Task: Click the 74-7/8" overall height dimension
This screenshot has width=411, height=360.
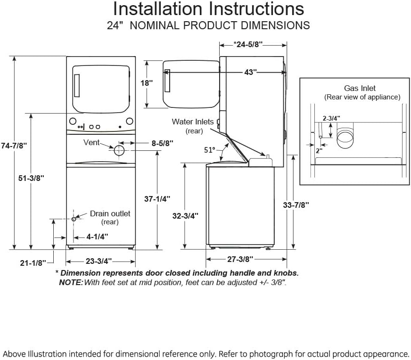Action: click(x=14, y=146)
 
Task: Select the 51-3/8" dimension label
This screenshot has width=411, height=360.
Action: click(x=31, y=178)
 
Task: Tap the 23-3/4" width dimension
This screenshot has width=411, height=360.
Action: click(x=99, y=261)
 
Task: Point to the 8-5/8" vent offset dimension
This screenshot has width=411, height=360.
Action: click(x=163, y=143)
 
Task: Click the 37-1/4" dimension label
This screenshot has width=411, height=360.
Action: click(x=157, y=199)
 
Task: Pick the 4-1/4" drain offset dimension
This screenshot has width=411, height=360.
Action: click(x=97, y=237)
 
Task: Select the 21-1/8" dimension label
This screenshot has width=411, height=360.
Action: click(x=33, y=263)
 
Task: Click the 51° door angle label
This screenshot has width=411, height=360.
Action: click(x=210, y=150)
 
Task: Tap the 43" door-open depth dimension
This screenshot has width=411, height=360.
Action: click(x=250, y=72)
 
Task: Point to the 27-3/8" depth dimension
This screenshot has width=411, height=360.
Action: click(x=240, y=259)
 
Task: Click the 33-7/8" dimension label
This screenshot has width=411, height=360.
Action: click(x=296, y=205)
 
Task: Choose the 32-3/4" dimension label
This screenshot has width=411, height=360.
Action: click(x=185, y=216)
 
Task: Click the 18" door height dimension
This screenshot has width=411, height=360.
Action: click(x=147, y=83)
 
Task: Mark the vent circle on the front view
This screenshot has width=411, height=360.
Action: click(x=119, y=150)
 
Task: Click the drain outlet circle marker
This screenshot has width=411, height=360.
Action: click(x=74, y=219)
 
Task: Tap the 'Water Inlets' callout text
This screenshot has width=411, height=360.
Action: click(x=193, y=122)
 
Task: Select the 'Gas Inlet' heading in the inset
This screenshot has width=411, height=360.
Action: click(x=360, y=88)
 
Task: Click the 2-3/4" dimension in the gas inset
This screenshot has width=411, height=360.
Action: click(x=331, y=118)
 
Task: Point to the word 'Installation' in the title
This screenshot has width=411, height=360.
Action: click(x=157, y=9)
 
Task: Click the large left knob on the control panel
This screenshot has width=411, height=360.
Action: click(x=73, y=121)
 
